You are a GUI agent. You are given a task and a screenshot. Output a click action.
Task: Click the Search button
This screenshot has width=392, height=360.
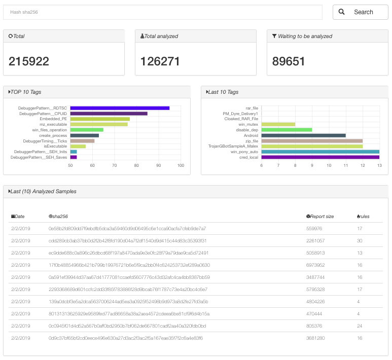(360, 12)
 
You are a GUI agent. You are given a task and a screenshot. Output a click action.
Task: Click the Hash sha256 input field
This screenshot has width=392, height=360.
(162, 12)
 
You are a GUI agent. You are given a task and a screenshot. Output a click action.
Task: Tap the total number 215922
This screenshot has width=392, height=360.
(29, 61)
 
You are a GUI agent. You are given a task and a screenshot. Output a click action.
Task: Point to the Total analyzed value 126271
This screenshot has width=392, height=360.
(160, 61)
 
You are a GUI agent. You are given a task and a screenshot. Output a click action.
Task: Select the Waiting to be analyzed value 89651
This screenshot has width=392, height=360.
(289, 61)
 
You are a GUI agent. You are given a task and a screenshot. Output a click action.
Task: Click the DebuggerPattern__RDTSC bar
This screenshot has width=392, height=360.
(120, 108)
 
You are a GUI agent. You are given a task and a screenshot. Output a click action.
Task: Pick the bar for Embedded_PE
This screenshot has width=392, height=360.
(100, 119)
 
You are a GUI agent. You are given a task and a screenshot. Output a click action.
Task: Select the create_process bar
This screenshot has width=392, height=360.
(84, 135)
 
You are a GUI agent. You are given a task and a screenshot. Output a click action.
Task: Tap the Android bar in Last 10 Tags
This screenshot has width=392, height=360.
(303, 135)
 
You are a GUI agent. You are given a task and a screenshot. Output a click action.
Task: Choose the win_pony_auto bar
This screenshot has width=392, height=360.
(320, 152)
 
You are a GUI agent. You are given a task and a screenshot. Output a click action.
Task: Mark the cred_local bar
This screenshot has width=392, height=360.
(320, 157)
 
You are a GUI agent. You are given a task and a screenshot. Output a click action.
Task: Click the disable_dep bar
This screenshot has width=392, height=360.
(287, 130)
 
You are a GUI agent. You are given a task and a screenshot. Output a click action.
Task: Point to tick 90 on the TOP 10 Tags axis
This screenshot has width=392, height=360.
(159, 165)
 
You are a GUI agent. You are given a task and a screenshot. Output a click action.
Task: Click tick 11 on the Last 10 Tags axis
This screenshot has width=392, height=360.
(346, 165)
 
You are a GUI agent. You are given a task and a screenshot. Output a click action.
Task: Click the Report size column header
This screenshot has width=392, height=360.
(322, 217)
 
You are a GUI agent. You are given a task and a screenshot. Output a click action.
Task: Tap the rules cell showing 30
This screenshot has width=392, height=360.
(360, 240)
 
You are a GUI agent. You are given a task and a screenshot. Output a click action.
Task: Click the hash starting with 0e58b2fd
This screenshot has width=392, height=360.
(127, 229)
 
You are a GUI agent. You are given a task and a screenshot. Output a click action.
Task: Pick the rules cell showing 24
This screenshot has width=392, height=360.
(360, 326)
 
